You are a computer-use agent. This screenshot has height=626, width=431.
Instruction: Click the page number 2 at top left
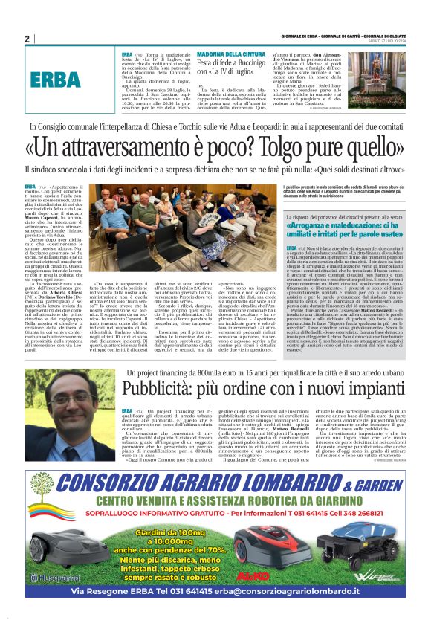point(27,39)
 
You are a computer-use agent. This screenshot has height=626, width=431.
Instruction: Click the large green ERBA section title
point(53,80)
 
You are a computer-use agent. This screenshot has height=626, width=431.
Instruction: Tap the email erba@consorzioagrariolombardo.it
point(291,593)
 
